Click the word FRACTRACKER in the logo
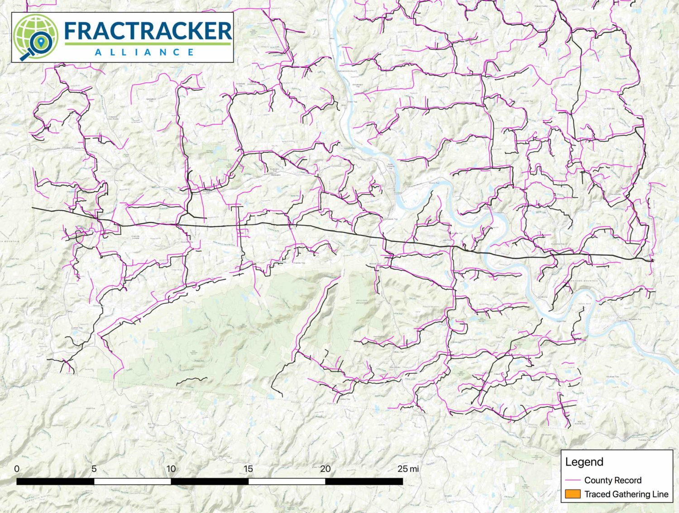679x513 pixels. [148, 30]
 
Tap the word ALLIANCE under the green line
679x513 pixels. [144, 52]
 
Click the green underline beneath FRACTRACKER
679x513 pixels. [148, 44]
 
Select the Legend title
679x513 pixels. [584, 462]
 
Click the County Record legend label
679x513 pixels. [612, 480]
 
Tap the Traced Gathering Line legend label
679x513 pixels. [626, 494]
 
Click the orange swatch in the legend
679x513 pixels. [572, 494]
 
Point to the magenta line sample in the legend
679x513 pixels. [572, 480]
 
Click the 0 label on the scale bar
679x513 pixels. [17, 469]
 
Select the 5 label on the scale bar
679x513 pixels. [94, 469]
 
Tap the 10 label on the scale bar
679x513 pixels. [171, 469]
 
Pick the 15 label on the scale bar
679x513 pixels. [248, 469]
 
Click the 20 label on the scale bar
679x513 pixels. [325, 469]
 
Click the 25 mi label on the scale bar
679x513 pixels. [408, 469]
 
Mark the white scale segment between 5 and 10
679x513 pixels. [132, 481]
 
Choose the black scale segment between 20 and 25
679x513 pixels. [364, 481]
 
